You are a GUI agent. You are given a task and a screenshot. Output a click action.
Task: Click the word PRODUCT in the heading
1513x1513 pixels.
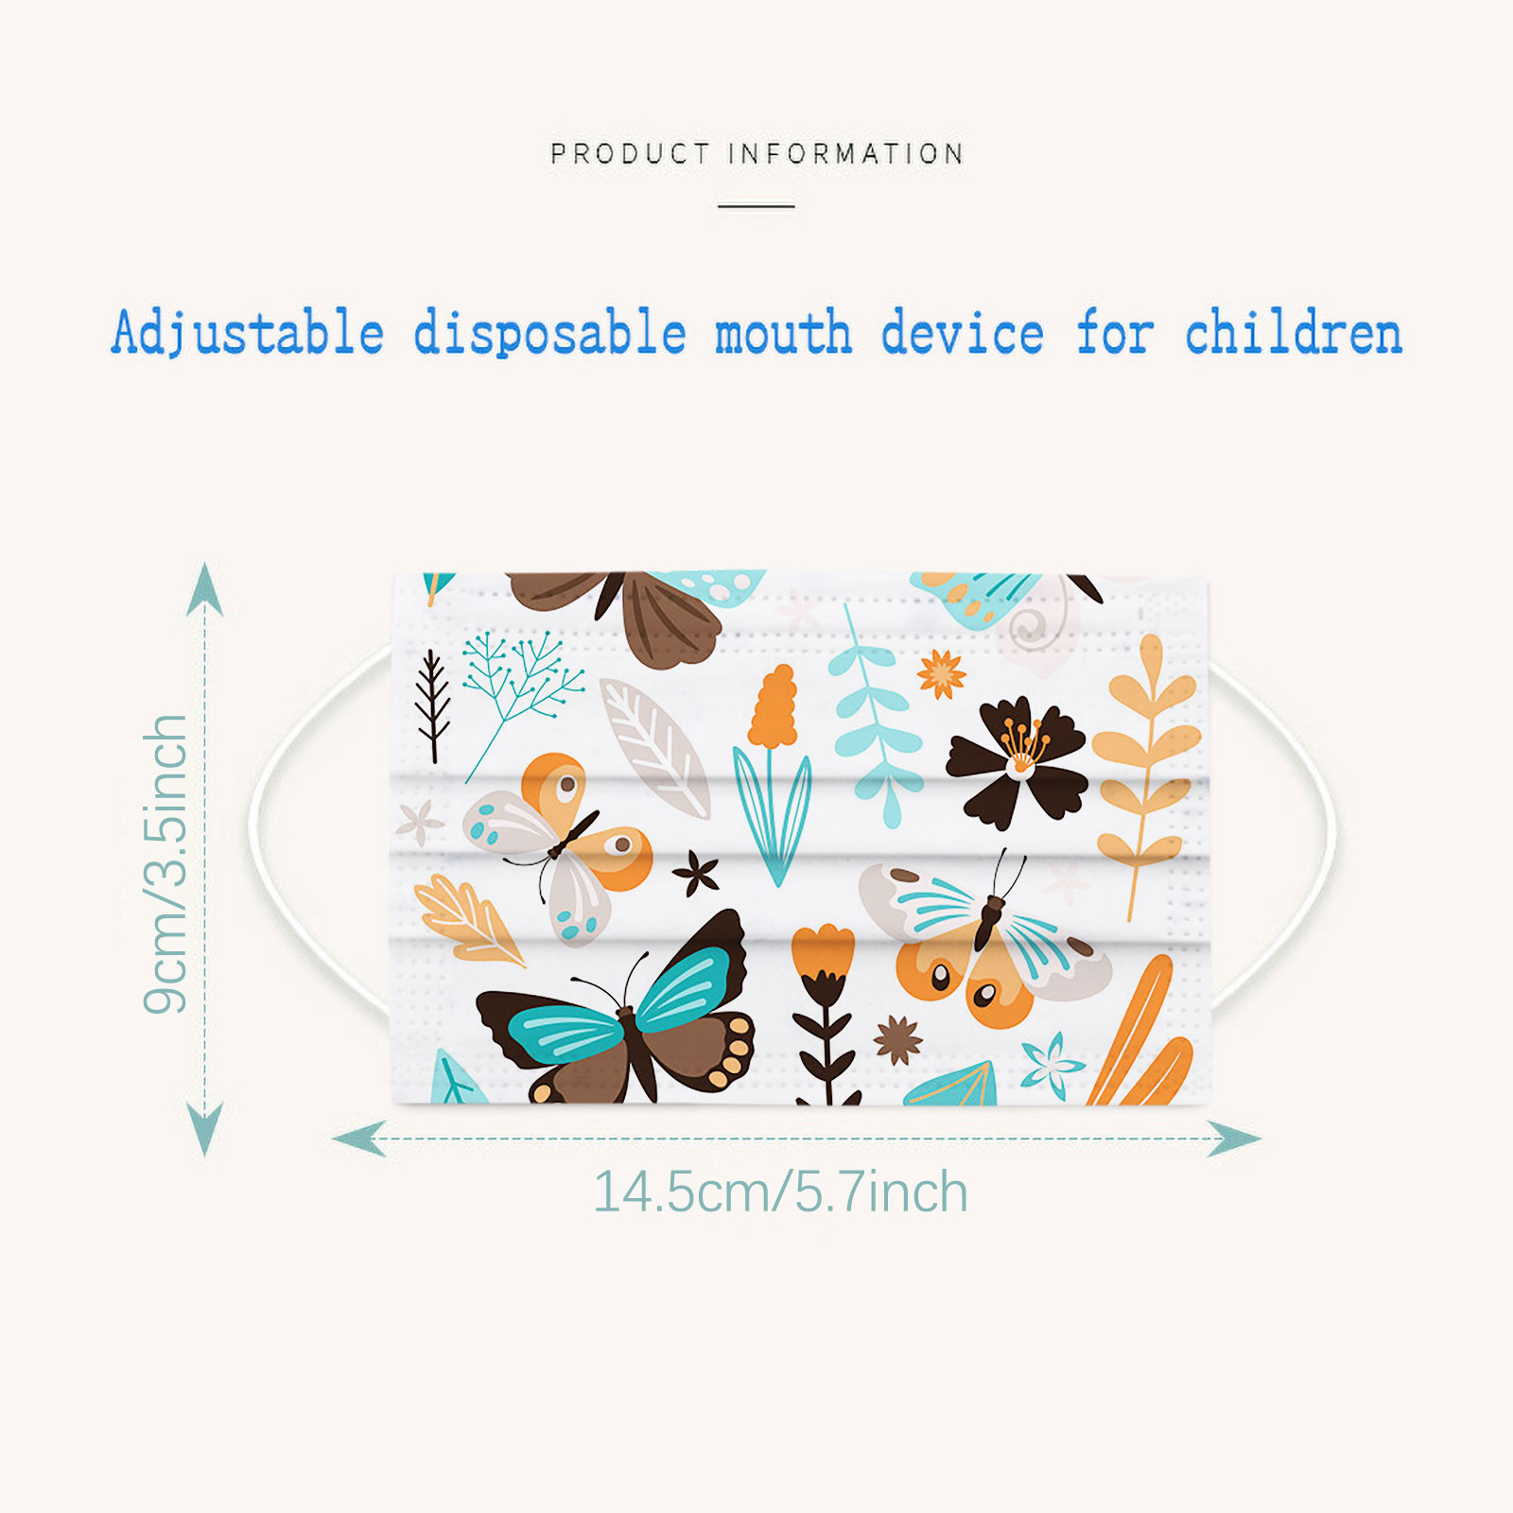(630, 153)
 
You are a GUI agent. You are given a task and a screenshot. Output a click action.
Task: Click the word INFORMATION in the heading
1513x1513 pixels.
(846, 153)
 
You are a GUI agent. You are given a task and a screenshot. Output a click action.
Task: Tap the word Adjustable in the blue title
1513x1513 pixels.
(248, 333)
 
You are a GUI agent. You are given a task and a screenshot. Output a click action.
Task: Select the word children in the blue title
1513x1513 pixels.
(1294, 333)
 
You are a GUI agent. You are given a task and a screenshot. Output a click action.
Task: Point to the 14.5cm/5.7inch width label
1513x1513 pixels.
(780, 1191)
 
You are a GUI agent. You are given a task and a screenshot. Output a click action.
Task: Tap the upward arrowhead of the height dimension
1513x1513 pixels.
(205, 588)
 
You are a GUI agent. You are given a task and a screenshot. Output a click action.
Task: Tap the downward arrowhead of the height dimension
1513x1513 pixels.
(205, 1129)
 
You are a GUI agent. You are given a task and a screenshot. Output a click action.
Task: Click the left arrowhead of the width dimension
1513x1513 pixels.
(359, 1139)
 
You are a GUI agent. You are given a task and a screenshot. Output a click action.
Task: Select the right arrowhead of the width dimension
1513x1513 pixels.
(1234, 1139)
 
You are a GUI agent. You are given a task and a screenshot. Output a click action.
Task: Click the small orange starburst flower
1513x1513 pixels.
(942, 674)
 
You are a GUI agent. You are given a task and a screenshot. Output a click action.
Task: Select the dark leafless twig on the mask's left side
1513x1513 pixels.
(433, 704)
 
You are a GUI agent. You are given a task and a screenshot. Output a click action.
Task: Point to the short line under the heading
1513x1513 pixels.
(756, 205)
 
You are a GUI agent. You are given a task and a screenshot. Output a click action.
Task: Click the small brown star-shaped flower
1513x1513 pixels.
(897, 1040)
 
